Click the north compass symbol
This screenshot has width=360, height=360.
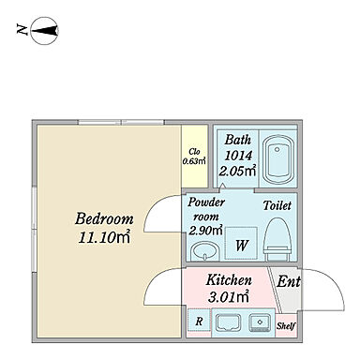[x=45, y=31]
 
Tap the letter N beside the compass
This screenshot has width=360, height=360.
[x=22, y=30]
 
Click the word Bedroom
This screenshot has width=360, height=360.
[x=104, y=218]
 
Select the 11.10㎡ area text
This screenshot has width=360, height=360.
[x=104, y=237]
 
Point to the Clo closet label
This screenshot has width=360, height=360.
[x=194, y=152]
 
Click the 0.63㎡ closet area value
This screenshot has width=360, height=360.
[x=194, y=161]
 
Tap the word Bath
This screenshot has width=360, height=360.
[x=237, y=140]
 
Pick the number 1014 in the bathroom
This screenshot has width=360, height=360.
[x=238, y=156]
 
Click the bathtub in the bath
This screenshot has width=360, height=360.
[x=277, y=160]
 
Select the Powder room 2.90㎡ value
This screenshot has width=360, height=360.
[x=205, y=231]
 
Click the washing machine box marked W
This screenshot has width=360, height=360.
[x=241, y=243]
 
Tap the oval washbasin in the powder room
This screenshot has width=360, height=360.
[x=204, y=251]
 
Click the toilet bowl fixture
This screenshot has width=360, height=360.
[x=277, y=239]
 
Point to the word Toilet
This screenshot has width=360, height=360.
[x=277, y=205]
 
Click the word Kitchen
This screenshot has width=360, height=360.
[x=229, y=280]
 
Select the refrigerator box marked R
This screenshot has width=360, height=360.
[x=199, y=320]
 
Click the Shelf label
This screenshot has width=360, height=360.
[x=286, y=326]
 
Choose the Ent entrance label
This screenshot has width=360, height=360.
[x=289, y=281]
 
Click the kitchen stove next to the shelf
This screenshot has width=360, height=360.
[x=260, y=322]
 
